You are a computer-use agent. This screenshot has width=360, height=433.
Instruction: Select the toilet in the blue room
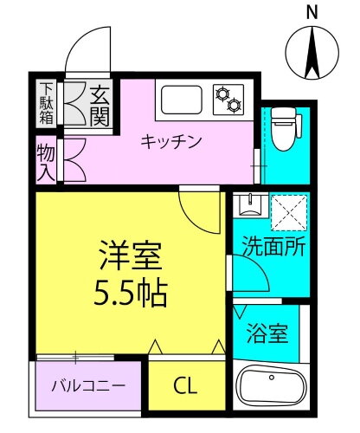pos(280,127)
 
